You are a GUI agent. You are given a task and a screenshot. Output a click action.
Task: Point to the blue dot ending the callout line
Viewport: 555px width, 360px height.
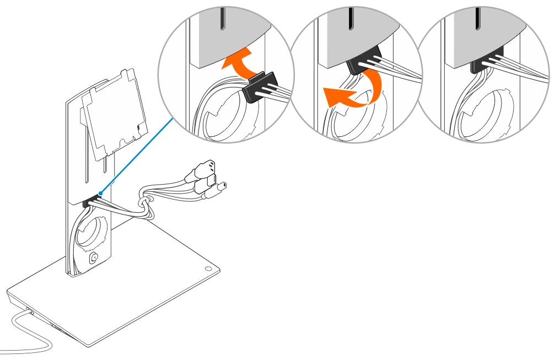(100, 194)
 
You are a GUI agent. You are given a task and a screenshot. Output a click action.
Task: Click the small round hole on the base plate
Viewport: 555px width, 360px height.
(208, 268)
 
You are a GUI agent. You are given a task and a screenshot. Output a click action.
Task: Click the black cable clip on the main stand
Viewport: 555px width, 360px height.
(87, 203)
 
